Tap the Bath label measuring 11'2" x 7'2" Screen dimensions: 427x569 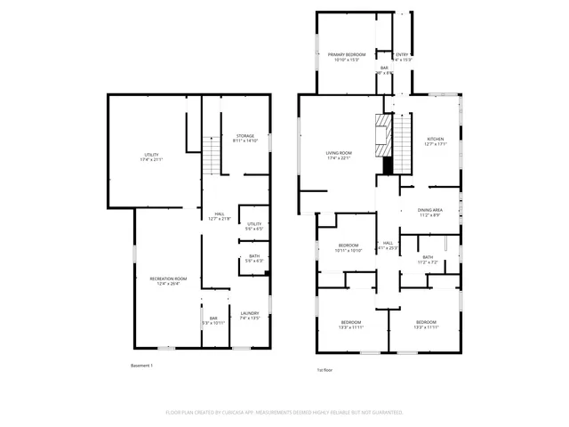click(x=429, y=260)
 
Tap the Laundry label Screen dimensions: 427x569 click(x=250, y=315)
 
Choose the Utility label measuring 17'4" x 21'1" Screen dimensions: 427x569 click(x=152, y=157)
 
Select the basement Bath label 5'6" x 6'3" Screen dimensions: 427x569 click(x=254, y=259)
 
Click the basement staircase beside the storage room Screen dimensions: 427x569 click(x=211, y=157)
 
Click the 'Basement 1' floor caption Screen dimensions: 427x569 click(x=142, y=366)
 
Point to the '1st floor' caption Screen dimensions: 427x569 click(x=325, y=369)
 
